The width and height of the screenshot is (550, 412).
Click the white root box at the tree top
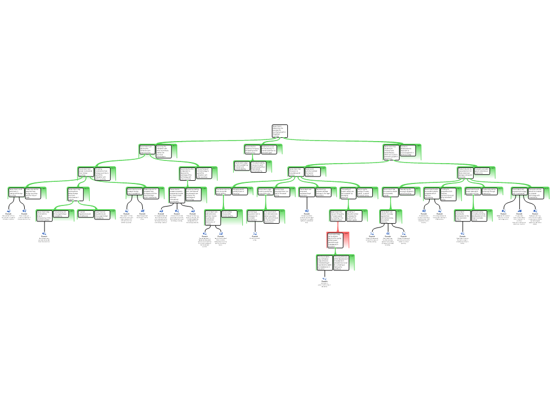click(279, 131)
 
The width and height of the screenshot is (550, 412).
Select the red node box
click(338, 240)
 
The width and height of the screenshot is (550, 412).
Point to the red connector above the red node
click(338, 227)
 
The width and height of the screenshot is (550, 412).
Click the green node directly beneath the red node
click(335, 262)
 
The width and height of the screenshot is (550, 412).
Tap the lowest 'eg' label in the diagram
click(325, 278)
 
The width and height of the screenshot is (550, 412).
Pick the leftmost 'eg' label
click(9, 211)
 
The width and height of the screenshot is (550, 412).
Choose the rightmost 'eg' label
click(535, 211)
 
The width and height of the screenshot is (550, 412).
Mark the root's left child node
click(155, 151)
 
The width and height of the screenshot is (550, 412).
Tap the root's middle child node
click(260, 151)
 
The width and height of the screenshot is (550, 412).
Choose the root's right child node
click(402, 152)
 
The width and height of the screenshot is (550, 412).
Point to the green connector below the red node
click(336, 252)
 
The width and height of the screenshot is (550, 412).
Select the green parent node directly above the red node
click(348, 215)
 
